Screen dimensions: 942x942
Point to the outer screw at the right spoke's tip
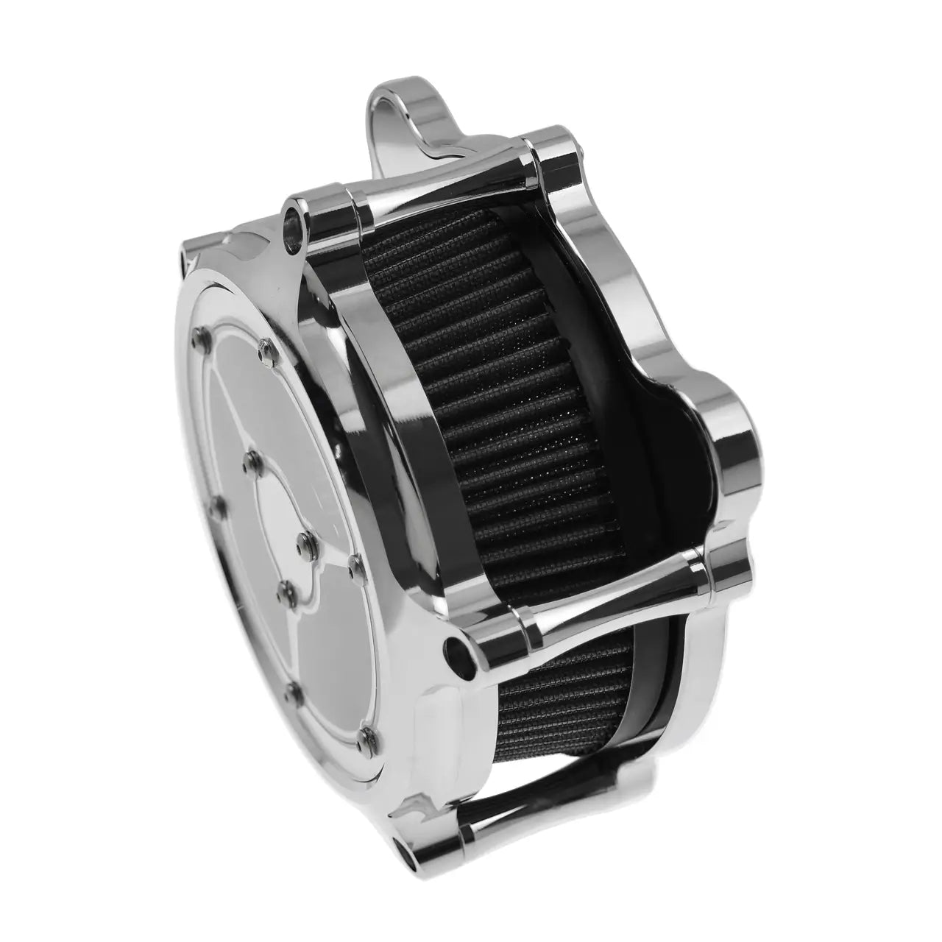354,567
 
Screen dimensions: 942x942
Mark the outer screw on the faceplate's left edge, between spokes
212,506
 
